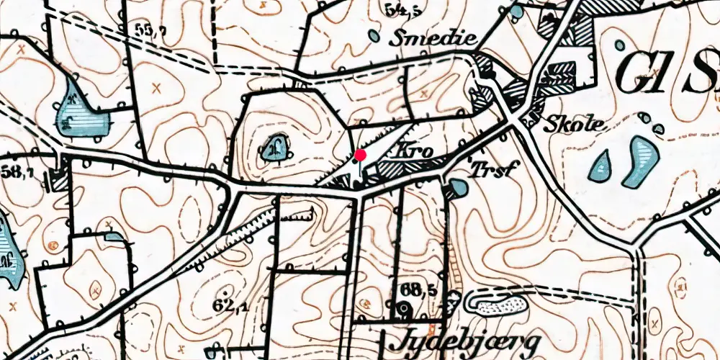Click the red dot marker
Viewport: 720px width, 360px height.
[361, 154]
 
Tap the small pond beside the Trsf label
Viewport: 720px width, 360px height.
[456, 189]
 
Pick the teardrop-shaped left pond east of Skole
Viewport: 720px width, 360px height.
[601, 166]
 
